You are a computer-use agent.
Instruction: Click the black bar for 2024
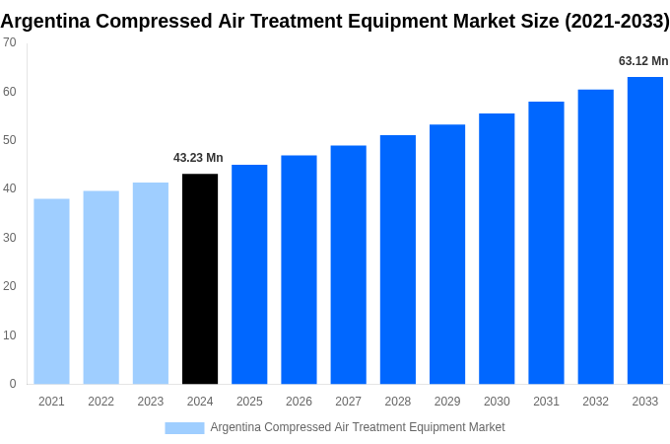pos(200,279)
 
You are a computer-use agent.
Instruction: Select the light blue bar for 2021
pos(51,291)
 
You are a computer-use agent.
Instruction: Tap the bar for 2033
pos(644,230)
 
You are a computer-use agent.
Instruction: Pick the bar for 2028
pos(397,259)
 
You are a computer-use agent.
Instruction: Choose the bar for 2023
pos(151,283)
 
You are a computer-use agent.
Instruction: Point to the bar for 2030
pos(497,249)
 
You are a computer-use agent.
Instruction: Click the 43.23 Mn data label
pos(198,158)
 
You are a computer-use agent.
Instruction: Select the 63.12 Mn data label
pos(642,61)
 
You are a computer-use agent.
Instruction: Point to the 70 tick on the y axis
pos(9,42)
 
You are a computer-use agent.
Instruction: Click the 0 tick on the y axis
pos(12,384)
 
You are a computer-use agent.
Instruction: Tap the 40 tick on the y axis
pos(9,188)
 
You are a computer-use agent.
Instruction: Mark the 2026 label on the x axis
pos(299,402)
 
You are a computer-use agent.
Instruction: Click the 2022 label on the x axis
pos(100,402)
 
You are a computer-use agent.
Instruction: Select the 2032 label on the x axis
pos(595,402)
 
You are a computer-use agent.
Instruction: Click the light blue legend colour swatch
pos(184,427)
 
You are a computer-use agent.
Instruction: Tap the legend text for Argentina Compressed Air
pos(357,427)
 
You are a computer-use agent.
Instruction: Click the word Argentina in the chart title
pos(52,21)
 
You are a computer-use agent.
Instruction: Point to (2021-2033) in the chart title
pos(616,21)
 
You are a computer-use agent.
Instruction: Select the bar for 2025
pos(249,274)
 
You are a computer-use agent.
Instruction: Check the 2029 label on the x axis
pos(446,402)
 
